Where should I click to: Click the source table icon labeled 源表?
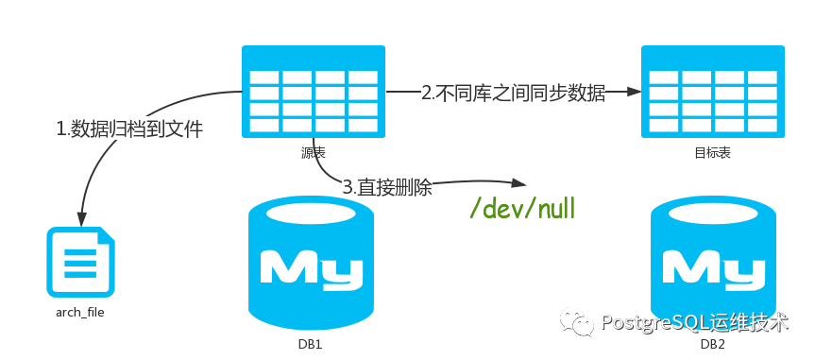(x=314, y=93)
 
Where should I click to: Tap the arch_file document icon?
(x=81, y=262)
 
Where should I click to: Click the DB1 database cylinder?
(x=311, y=266)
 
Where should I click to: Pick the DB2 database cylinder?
(x=713, y=266)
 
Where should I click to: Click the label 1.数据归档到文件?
(x=129, y=129)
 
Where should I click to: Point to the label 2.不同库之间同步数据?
(x=513, y=94)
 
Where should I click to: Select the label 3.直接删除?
(x=387, y=187)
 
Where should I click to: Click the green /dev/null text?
(x=522, y=209)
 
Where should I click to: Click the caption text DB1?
(x=311, y=345)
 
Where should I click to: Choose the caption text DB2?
(x=713, y=345)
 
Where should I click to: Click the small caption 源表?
(x=313, y=152)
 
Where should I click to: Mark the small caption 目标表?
(x=711, y=152)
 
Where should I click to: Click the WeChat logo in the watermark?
(x=577, y=322)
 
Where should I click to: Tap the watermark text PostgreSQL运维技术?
(x=693, y=322)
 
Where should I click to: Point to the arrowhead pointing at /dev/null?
(x=518, y=185)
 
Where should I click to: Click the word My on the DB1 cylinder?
(x=311, y=267)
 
